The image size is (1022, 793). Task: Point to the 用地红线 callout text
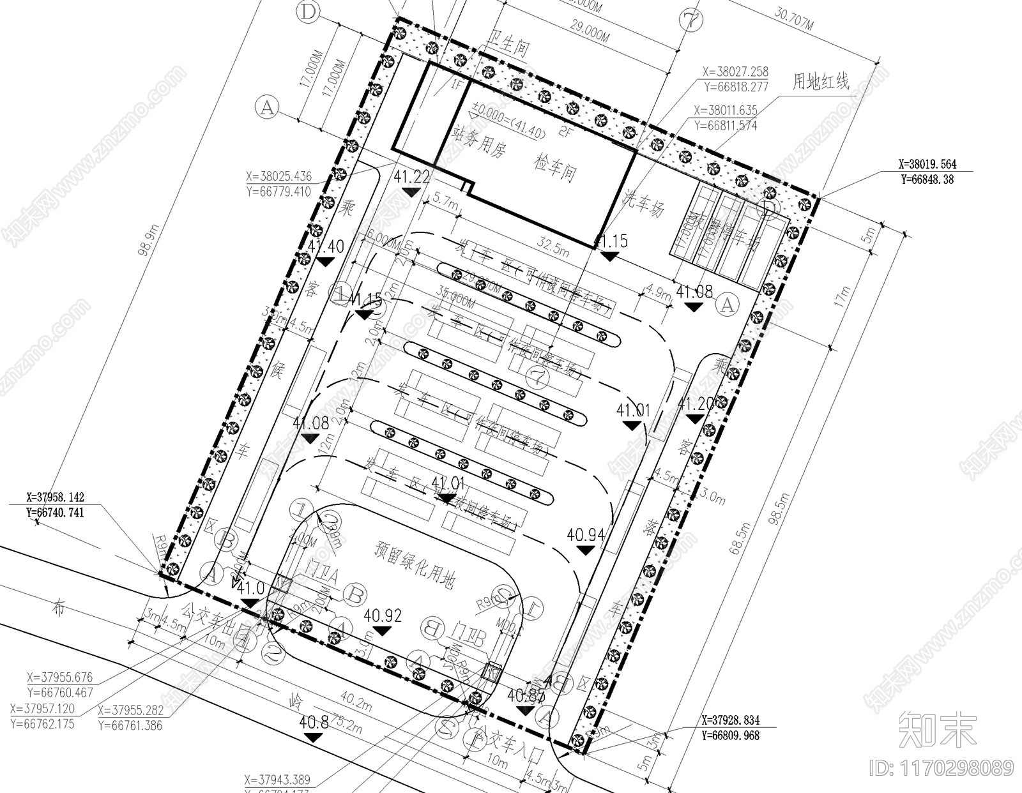click(x=821, y=82)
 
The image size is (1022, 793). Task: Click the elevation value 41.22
click(x=412, y=177)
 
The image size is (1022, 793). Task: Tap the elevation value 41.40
click(x=326, y=246)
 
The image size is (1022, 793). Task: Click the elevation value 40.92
click(x=383, y=616)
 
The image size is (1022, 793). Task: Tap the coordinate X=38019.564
click(x=927, y=164)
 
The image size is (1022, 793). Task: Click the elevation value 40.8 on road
click(x=314, y=722)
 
